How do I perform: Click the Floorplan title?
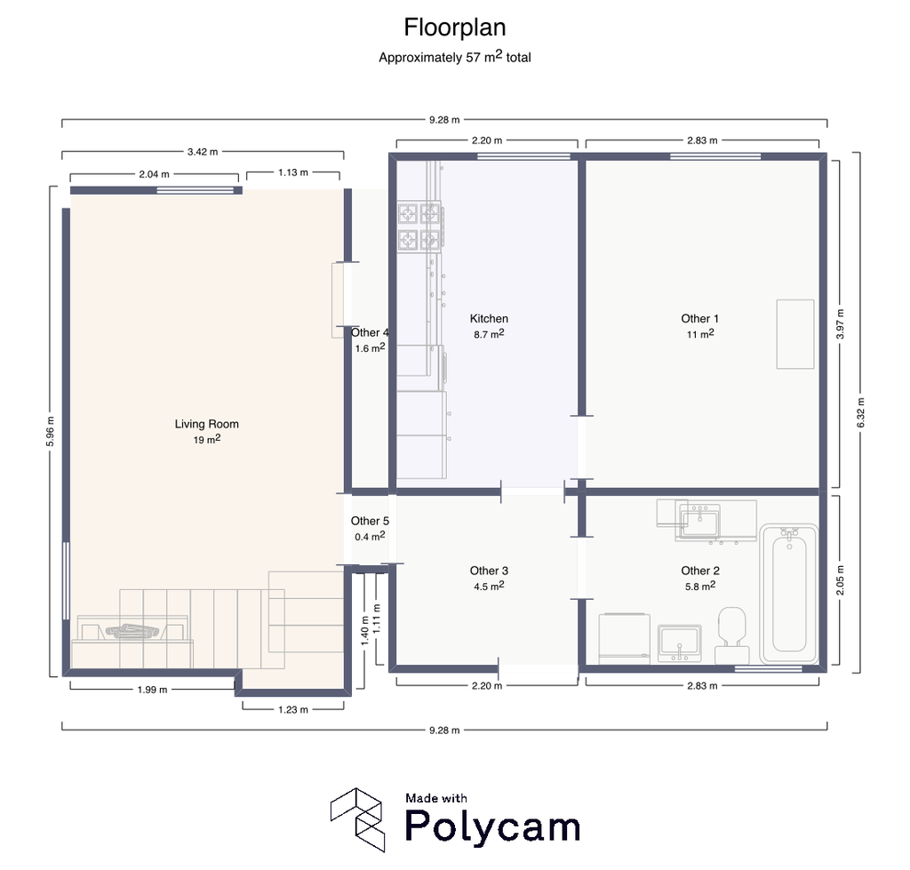click(x=455, y=28)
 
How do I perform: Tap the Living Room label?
click(x=206, y=424)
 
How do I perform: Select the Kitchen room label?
click(x=489, y=319)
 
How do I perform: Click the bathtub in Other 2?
click(x=789, y=594)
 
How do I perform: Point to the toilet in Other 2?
click(x=732, y=635)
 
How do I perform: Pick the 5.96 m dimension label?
click(x=51, y=432)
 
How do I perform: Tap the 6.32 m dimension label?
click(x=860, y=412)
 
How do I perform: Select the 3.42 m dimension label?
click(x=203, y=152)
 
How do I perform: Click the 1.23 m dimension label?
click(x=293, y=709)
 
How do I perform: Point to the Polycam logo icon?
click(x=357, y=819)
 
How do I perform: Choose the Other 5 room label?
click(x=370, y=521)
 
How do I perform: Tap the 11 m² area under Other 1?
click(x=700, y=334)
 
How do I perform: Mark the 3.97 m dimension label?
click(x=841, y=323)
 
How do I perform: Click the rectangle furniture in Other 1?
click(x=795, y=334)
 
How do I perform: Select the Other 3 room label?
click(x=489, y=571)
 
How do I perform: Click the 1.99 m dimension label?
click(x=152, y=690)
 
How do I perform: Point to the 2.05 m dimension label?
click(x=841, y=580)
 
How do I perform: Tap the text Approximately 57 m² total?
click(x=455, y=57)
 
